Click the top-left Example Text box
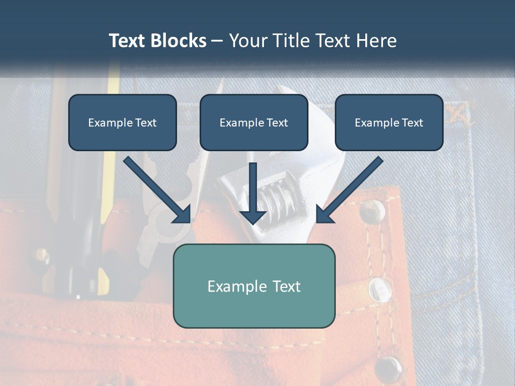click(x=122, y=123)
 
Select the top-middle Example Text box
click(x=254, y=123)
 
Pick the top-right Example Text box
click(x=389, y=123)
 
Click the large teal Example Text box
click(x=254, y=286)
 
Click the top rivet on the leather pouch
click(x=372, y=211)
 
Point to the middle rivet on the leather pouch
click(x=380, y=289)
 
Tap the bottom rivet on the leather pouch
click(x=388, y=367)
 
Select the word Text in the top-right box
click(x=411, y=123)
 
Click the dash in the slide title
click(x=217, y=41)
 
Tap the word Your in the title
click(x=249, y=41)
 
